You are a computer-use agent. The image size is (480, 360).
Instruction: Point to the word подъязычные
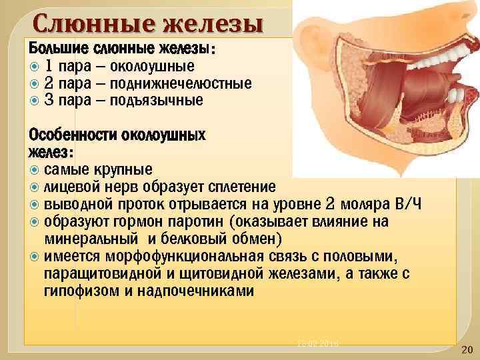pos(157,101)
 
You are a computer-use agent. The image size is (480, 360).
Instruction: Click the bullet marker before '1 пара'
pos(35,66)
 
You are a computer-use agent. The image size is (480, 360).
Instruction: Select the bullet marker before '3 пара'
pos(35,101)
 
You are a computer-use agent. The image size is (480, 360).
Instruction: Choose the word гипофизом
pos(85,291)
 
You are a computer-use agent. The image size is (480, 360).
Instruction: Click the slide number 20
pos(466,349)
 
